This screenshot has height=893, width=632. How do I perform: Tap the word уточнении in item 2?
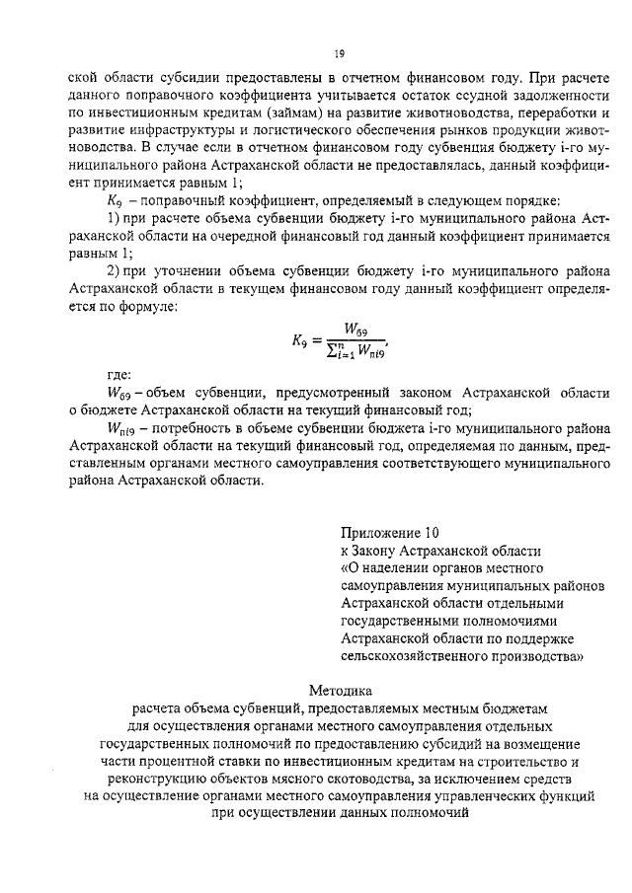pos(174,272)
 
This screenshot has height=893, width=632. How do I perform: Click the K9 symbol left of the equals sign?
pos(301,339)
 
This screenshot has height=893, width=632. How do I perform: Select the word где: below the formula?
pos(119,375)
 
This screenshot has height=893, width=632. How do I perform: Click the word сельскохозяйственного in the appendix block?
pos(416,655)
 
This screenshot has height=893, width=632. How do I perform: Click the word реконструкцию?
pos(144,780)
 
